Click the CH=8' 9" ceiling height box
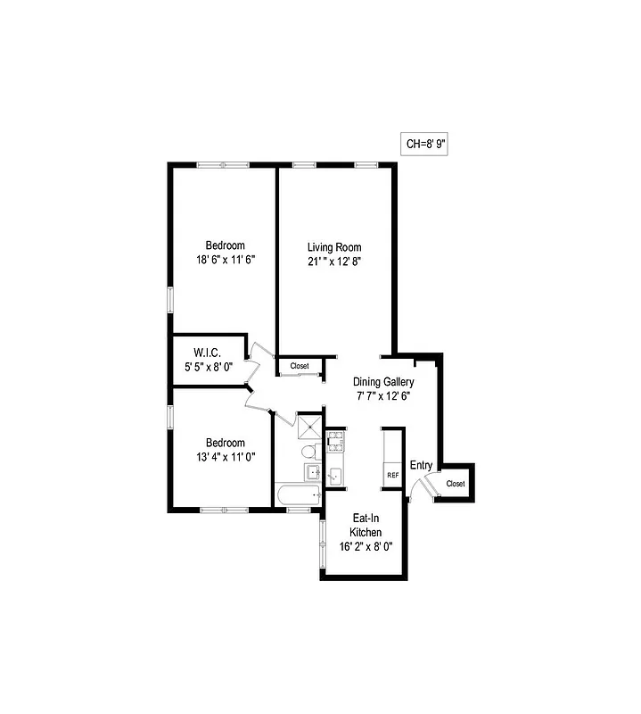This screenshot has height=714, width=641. [x=424, y=144]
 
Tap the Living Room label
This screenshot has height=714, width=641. [x=334, y=247]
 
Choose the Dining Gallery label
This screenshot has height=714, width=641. [x=383, y=382]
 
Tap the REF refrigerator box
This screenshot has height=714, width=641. [x=392, y=476]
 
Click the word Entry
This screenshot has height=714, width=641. [x=421, y=465]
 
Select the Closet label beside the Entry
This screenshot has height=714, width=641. [x=456, y=484]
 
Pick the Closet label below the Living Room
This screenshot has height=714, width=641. [x=300, y=366]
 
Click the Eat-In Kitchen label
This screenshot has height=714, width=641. [x=366, y=524]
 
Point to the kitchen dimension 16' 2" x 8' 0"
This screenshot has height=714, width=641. [x=366, y=547]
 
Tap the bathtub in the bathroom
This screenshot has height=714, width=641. [x=299, y=495]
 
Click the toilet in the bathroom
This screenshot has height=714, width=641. [x=308, y=450]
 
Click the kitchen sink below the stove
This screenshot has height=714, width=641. [x=335, y=475]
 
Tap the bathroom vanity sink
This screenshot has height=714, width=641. [x=312, y=472]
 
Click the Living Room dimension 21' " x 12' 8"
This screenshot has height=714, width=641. [x=334, y=262]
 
